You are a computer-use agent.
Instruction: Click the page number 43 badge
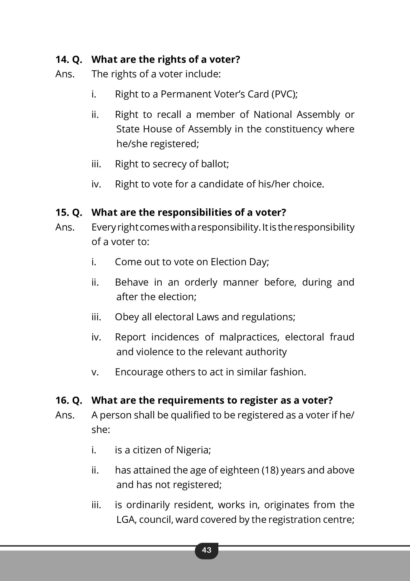tap(206, 550)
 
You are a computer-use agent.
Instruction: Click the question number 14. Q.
tap(69, 60)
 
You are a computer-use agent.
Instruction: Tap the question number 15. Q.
tap(69, 212)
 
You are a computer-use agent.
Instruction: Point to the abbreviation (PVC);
tap(284, 94)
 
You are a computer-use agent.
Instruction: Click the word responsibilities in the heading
tap(195, 212)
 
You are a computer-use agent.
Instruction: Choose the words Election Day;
tap(240, 262)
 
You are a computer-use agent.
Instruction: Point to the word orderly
tap(201, 282)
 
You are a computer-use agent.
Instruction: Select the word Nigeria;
tap(193, 450)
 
